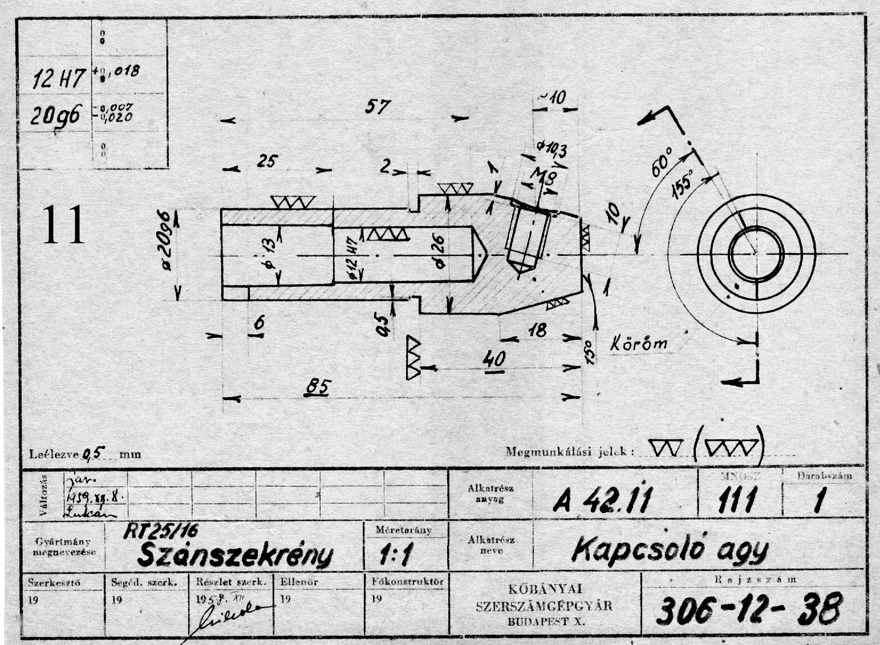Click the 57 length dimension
click(377, 107)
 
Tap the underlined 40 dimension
click(493, 360)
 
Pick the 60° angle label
click(662, 163)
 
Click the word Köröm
click(639, 344)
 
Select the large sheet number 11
click(63, 224)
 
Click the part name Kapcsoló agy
click(670, 549)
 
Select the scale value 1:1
click(395, 555)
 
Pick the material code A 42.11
click(601, 501)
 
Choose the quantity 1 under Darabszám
click(820, 501)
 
